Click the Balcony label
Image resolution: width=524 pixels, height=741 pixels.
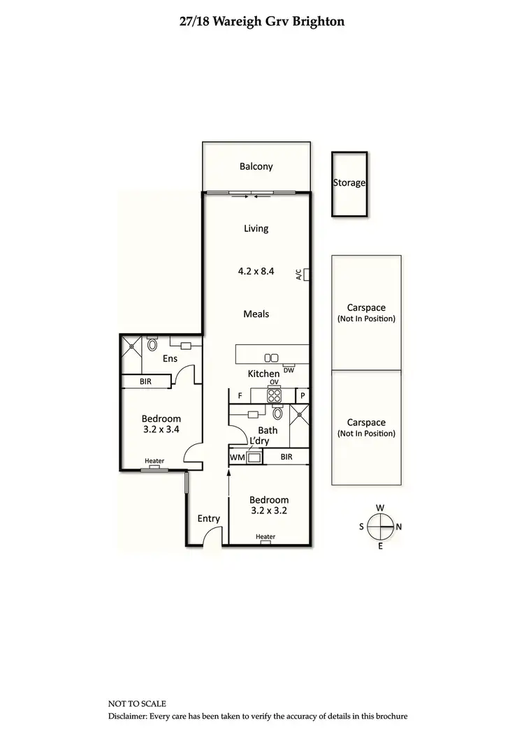pyautogui.click(x=256, y=167)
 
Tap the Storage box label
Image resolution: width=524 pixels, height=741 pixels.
pyautogui.click(x=349, y=183)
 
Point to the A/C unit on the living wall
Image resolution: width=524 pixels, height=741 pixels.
pyautogui.click(x=306, y=274)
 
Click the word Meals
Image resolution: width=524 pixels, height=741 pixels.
pyautogui.click(x=256, y=314)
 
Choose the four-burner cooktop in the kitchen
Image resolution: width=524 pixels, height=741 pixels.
pyautogui.click(x=275, y=395)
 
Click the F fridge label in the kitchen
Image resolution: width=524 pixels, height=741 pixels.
pyautogui.click(x=240, y=396)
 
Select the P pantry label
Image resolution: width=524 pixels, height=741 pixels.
pyautogui.click(x=303, y=396)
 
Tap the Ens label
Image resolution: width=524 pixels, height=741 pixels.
pyautogui.click(x=170, y=359)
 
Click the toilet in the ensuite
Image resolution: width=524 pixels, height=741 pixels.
pyautogui.click(x=152, y=344)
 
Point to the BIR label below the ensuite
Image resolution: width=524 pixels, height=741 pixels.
pyautogui.click(x=145, y=382)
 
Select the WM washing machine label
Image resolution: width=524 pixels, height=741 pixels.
pyautogui.click(x=236, y=457)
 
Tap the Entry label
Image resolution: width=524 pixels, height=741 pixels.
pyautogui.click(x=209, y=518)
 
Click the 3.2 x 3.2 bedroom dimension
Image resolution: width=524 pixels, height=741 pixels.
pyautogui.click(x=269, y=511)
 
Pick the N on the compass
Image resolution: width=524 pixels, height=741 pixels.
pyautogui.click(x=398, y=527)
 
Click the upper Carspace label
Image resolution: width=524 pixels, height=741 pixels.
pyautogui.click(x=366, y=307)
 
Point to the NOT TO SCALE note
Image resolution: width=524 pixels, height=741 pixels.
pyautogui.click(x=137, y=704)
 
